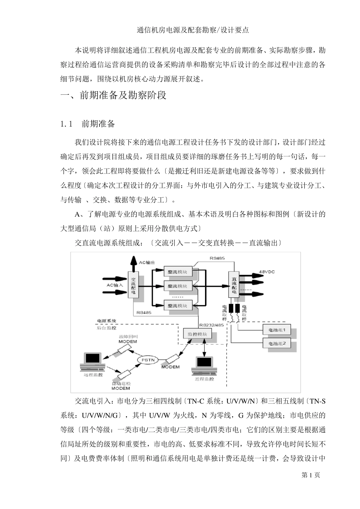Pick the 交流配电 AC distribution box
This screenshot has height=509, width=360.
coord(133,286)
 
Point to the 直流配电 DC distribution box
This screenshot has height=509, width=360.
coord(234,285)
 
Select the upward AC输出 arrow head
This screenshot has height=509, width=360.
coord(133,260)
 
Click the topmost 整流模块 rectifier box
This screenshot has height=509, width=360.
coord(177,272)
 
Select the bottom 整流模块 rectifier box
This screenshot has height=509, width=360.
coord(177,305)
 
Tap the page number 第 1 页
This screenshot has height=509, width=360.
coord(311,475)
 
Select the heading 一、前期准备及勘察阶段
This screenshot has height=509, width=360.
coord(114,95)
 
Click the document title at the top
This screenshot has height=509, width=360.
coord(193,30)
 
